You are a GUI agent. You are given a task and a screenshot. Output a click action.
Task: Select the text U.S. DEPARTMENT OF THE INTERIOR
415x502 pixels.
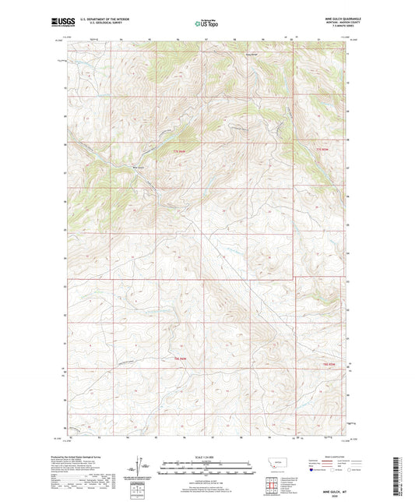point(97,19)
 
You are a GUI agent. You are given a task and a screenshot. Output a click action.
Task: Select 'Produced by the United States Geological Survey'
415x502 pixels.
point(87,457)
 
